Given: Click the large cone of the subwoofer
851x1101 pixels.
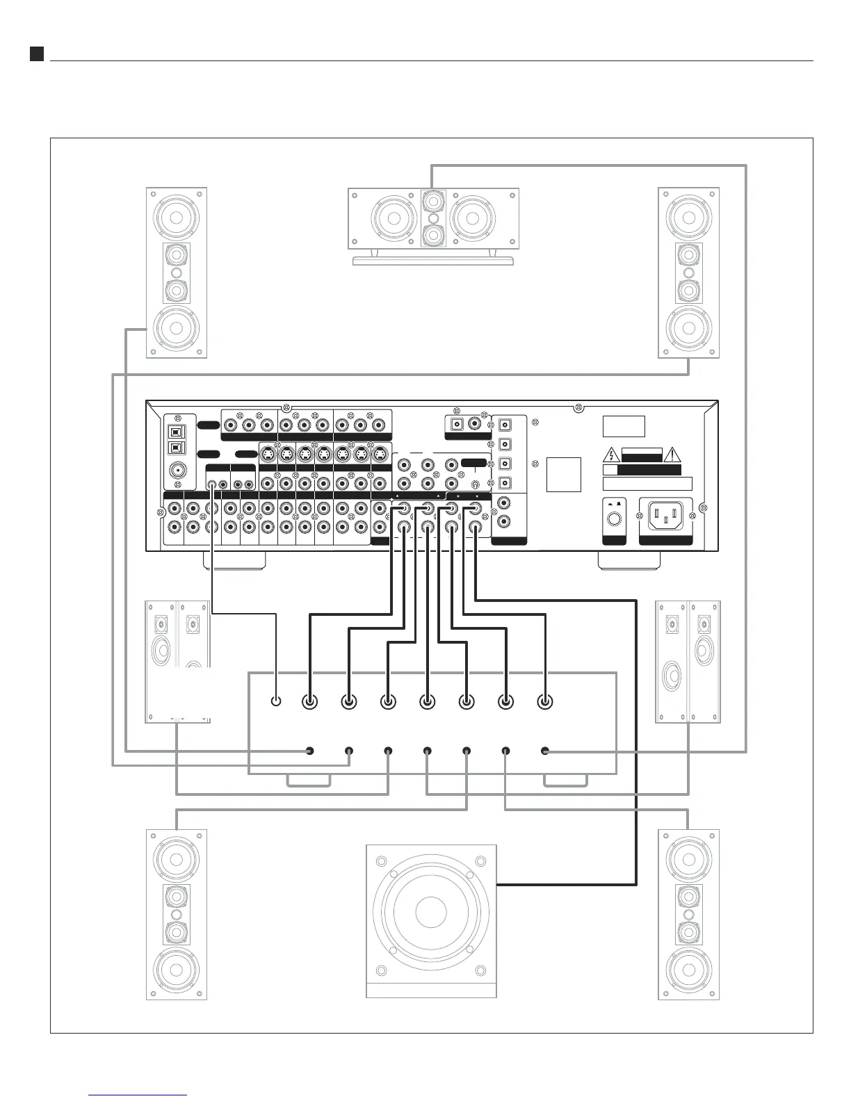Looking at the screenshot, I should coord(430,911).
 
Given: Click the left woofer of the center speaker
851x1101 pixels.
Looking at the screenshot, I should coord(394,218).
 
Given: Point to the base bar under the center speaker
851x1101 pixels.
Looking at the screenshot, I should coord(433,261).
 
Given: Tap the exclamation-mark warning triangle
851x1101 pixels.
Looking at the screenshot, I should coord(673,455).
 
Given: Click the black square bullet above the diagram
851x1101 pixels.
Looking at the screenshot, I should coord(37,54).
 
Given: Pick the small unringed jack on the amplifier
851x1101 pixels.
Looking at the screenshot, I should coord(277,702).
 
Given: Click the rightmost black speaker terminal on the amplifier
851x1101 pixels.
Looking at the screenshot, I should coord(545,751).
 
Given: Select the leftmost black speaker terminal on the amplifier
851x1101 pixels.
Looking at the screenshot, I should coord(310,751).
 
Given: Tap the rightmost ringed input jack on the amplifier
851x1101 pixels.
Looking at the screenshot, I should coord(545,702).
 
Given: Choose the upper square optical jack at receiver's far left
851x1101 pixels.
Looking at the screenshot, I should coord(177,430).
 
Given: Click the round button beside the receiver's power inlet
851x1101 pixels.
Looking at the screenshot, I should coord(613,519).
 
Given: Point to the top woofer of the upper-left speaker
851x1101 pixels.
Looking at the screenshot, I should coord(177,215).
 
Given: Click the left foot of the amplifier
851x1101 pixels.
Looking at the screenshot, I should coord(308,782).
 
